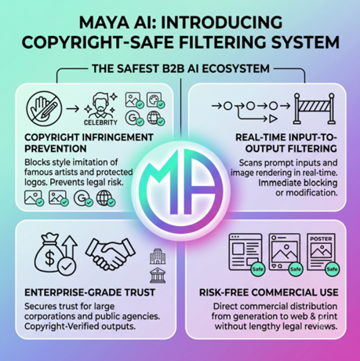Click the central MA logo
(180, 191)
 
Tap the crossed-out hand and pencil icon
(44, 109)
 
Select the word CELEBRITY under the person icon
(100, 122)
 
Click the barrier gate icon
(314, 108)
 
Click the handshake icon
(111, 253)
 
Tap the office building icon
(158, 256)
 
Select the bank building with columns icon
(158, 275)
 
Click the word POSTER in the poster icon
(321, 239)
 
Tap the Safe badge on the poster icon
(332, 269)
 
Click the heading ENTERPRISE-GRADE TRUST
(90, 293)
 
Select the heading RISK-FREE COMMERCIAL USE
(269, 293)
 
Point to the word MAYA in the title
(104, 22)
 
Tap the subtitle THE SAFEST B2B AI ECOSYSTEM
(180, 69)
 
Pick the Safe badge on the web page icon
(257, 269)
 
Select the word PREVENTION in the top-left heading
(56, 148)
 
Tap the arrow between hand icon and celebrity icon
(72, 108)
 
